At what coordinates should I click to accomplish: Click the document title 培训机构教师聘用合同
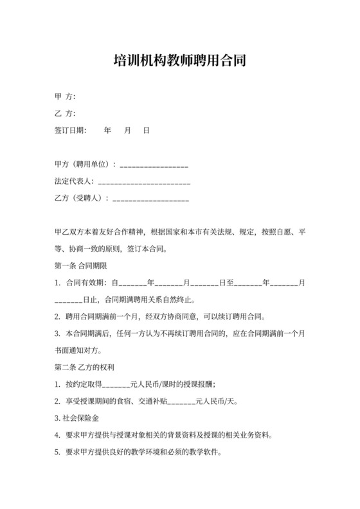click(x=179, y=61)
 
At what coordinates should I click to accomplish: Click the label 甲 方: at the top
click(x=66, y=96)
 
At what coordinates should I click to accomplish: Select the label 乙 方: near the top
click(x=66, y=114)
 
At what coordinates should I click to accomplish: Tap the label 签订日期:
click(x=70, y=130)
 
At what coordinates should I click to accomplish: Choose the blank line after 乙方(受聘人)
click(x=151, y=199)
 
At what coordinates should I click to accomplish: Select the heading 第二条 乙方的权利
click(x=84, y=368)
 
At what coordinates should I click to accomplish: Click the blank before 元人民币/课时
click(x=116, y=386)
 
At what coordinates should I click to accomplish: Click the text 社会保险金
click(x=80, y=418)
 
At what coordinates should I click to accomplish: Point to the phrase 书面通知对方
click(x=80, y=351)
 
